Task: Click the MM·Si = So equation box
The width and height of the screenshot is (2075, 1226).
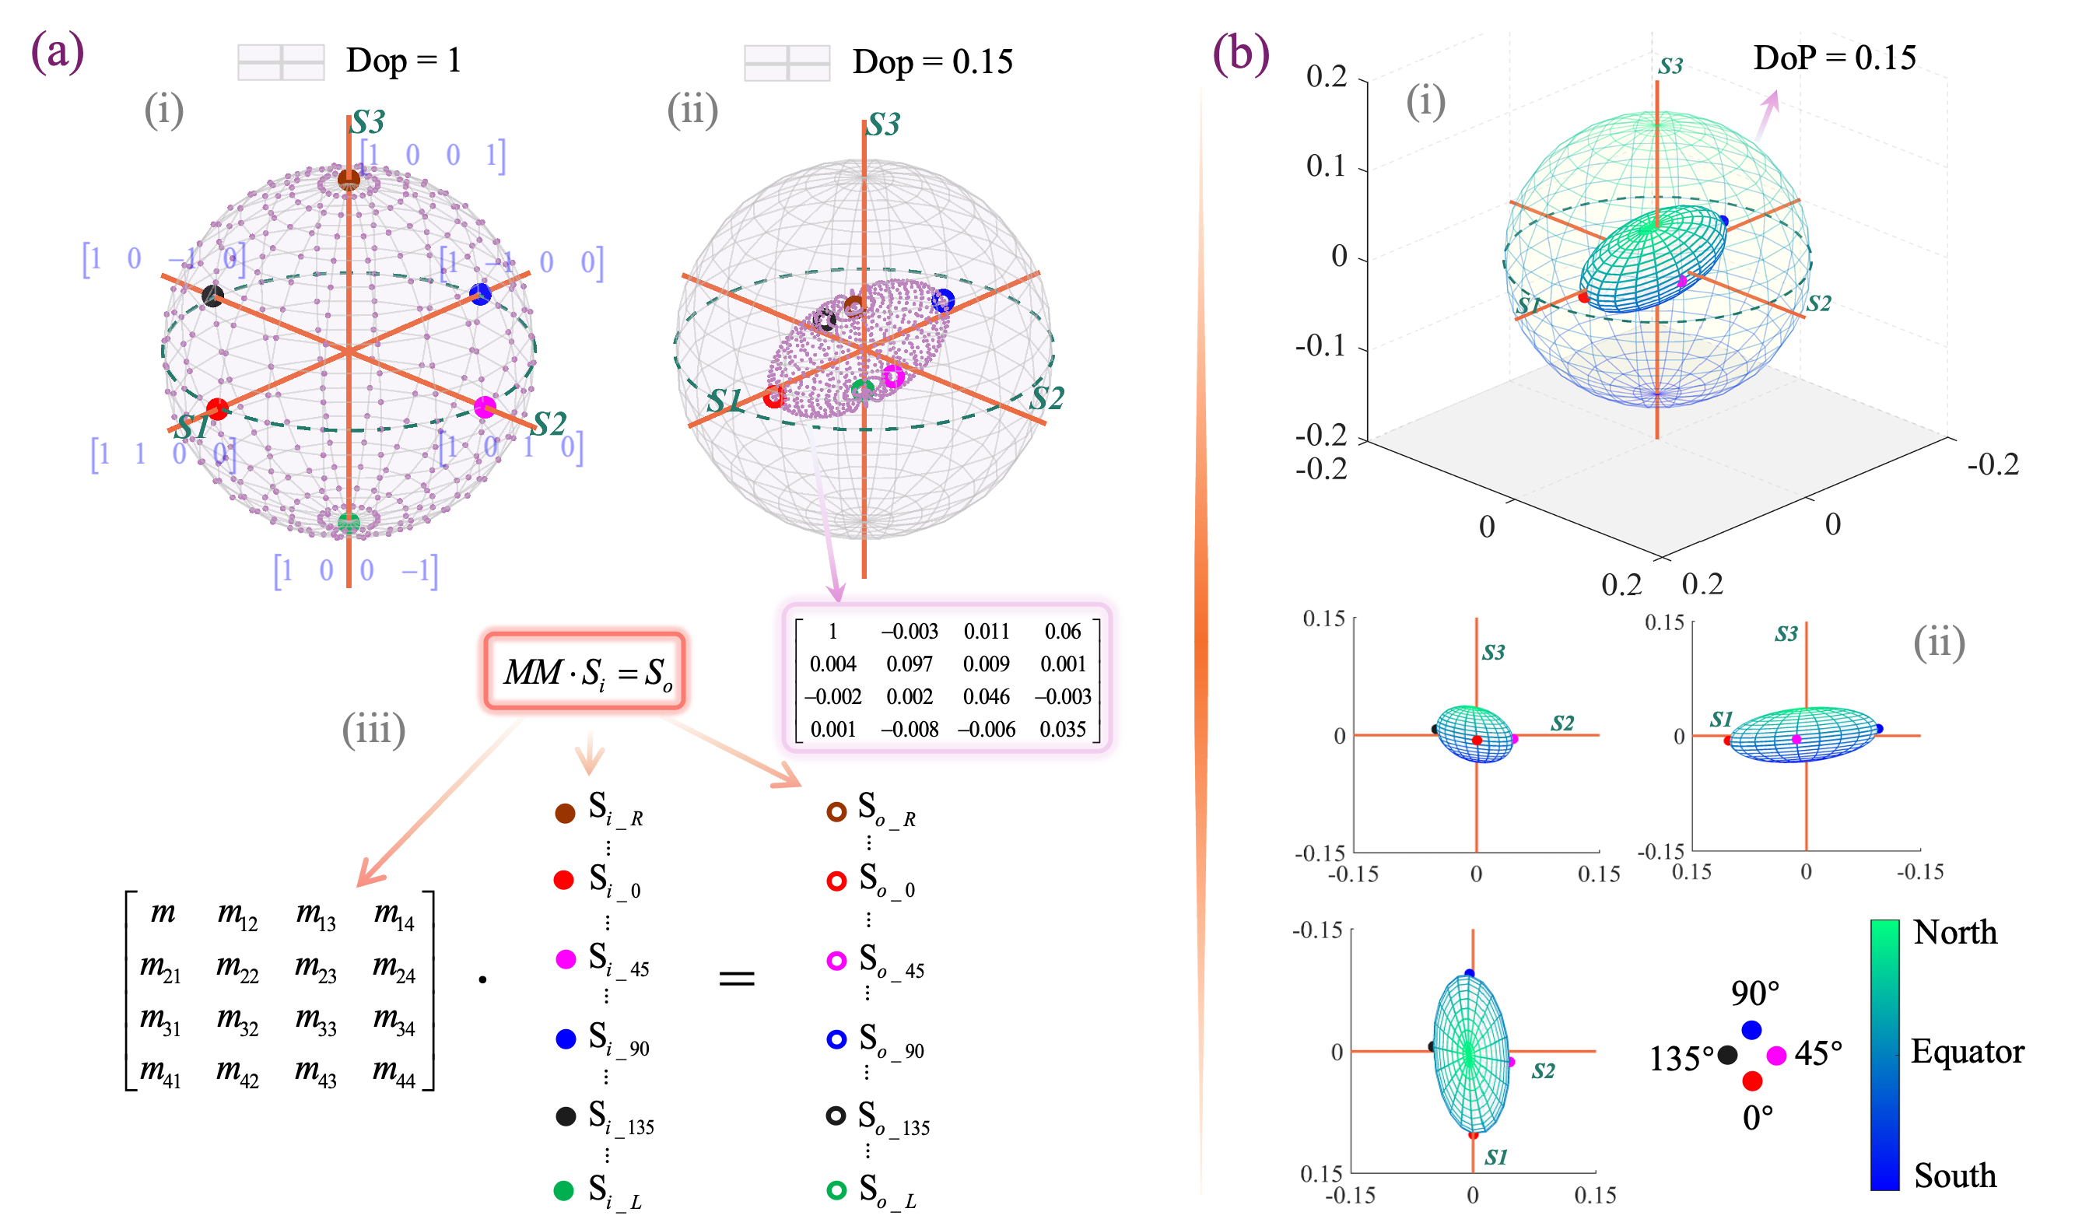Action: coord(585,671)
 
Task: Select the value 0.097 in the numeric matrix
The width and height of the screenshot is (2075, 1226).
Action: coord(909,664)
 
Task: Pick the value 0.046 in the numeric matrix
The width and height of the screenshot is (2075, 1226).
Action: coord(986,696)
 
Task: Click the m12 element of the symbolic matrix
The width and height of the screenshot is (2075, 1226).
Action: coord(237,915)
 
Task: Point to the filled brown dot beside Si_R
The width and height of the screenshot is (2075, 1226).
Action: coord(565,813)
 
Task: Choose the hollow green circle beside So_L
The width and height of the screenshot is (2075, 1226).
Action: coord(836,1190)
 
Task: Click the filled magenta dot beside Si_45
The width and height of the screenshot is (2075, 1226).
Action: coord(566,959)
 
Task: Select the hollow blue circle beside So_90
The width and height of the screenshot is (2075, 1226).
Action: coord(836,1039)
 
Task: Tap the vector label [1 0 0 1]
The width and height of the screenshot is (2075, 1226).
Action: coord(432,155)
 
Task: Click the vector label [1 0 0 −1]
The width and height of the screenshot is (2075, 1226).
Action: coord(356,570)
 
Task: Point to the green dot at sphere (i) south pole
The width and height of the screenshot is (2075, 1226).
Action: coord(349,522)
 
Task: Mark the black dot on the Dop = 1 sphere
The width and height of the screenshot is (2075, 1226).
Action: coord(213,295)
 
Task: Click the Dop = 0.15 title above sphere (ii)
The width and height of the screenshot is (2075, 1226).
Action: coord(932,62)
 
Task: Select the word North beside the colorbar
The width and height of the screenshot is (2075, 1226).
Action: coord(1954,932)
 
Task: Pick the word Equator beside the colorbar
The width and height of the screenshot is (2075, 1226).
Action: coord(1967,1051)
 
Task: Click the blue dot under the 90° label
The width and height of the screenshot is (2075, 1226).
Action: coord(1751,1029)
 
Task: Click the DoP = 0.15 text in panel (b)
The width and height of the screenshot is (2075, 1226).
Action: coord(1834,57)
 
